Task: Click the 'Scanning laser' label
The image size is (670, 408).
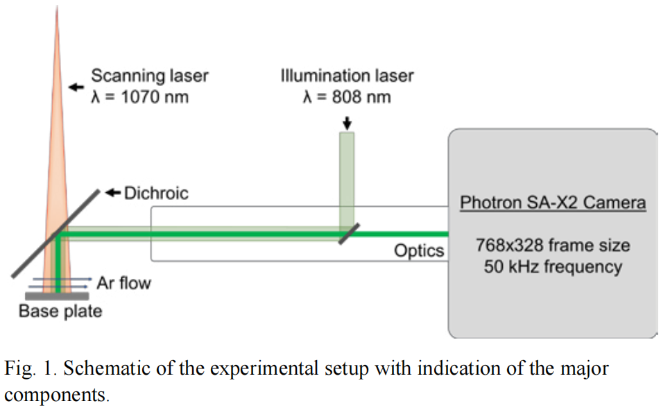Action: point(150,75)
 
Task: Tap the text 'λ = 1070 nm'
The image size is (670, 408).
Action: point(140,96)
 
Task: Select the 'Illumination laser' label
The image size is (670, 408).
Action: point(347,75)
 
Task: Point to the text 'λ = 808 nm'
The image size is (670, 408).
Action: point(347,96)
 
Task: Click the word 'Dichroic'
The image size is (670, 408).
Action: point(156,193)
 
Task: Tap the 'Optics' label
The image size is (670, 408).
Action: point(419,250)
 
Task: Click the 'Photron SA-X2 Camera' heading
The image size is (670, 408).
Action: point(553,203)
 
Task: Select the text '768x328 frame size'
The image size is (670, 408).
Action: point(553,245)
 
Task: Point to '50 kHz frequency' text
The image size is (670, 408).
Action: point(553,266)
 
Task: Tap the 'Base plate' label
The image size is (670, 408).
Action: point(60,311)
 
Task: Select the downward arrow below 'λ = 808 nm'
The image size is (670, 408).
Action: point(347,122)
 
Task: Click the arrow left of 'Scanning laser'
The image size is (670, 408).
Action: point(75,87)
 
